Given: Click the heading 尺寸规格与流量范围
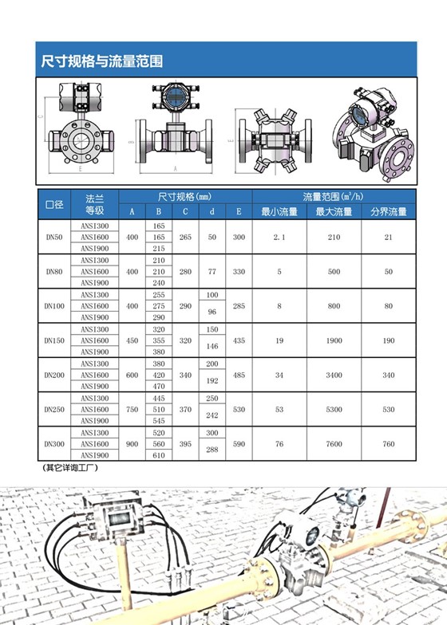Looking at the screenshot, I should [101, 61].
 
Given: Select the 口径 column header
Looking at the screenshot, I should [54, 204].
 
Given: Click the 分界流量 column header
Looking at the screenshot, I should [388, 212].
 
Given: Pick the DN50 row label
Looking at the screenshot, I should [54, 238].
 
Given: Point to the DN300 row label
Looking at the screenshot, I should [54, 443].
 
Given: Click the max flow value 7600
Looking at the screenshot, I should [334, 444].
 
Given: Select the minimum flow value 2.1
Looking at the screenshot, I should [279, 238].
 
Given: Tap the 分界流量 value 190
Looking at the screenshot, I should [388, 340].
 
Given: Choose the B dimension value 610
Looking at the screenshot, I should [159, 455].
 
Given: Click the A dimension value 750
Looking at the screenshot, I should [133, 409].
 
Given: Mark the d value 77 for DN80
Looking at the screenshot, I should [212, 272].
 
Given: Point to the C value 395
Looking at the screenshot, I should [185, 444].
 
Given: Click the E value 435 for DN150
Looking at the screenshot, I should [239, 340].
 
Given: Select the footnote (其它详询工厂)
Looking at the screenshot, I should [70, 468].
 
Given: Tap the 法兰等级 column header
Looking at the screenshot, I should [94, 204].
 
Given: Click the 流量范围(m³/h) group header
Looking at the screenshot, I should [334, 196].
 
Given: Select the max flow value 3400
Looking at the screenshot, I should [334, 375].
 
